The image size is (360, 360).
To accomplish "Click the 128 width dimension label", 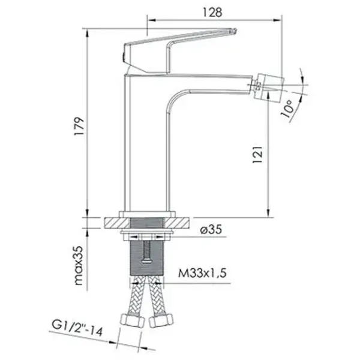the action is click(x=212, y=13).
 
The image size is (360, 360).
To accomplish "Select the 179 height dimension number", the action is click(x=79, y=127).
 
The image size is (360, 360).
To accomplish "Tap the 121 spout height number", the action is click(x=257, y=154).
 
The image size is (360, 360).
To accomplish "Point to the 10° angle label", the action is click(x=287, y=109).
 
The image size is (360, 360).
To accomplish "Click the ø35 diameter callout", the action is click(x=211, y=229).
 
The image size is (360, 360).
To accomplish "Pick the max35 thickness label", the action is click(x=79, y=265).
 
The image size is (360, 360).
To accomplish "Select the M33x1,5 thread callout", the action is click(x=202, y=273).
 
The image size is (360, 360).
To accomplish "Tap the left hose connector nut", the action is click(x=133, y=320).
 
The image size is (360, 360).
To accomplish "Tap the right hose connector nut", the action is click(x=161, y=320).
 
